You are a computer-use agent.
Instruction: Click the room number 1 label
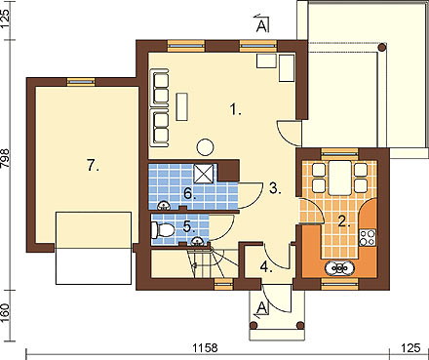click(236, 109)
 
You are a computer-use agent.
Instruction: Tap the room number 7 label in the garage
click(93, 166)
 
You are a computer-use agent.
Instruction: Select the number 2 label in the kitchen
click(344, 221)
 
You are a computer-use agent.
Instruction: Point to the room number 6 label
click(190, 194)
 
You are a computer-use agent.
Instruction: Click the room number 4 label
click(266, 267)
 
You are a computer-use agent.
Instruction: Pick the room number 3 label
click(275, 188)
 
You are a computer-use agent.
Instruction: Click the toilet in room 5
click(163, 230)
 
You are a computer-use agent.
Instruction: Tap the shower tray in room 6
click(204, 174)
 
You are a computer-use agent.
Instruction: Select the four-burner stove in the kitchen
click(368, 237)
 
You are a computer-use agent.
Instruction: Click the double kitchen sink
click(340, 268)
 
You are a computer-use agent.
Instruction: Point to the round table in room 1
click(205, 146)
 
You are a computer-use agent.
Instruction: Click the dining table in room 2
click(340, 178)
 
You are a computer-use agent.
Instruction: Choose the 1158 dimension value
click(205, 348)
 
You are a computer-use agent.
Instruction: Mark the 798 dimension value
click(6, 159)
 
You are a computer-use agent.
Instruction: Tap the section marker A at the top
click(262, 26)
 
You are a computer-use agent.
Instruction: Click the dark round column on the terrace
click(382, 48)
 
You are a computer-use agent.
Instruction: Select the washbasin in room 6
click(164, 206)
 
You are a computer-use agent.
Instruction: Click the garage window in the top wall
click(81, 82)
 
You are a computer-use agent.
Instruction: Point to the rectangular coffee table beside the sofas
click(182, 106)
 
